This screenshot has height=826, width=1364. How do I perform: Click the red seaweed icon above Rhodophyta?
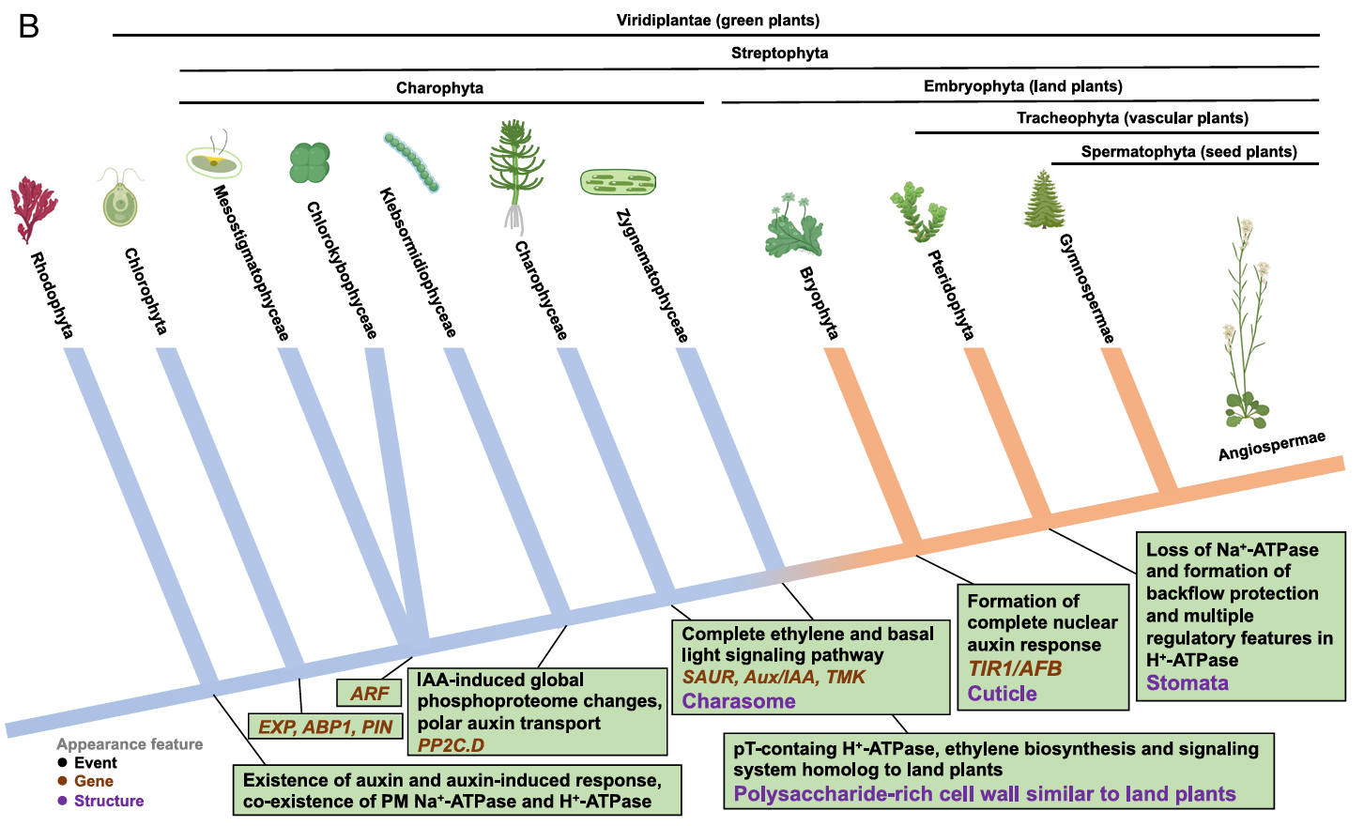point(34,208)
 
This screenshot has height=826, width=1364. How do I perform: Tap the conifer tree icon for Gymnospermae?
point(1044,199)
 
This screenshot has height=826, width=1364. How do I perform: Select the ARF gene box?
point(368,693)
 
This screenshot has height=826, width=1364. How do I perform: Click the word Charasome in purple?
point(738,700)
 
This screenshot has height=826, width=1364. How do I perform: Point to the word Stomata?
point(1187,683)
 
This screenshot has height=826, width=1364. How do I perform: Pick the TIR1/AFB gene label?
point(1015,668)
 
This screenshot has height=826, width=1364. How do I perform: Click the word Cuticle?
point(1002,694)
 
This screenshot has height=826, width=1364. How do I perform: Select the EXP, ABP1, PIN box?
point(325,727)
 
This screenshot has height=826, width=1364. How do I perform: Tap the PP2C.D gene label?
point(451,745)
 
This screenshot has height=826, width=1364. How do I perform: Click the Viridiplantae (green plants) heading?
point(718,20)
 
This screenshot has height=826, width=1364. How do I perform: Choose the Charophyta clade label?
point(439,87)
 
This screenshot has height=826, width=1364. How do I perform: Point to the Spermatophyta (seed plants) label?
point(1188,151)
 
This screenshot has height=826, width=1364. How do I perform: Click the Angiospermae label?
point(1271,446)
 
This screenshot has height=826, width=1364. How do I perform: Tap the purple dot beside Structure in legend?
point(62,801)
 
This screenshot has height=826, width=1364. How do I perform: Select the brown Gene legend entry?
point(85,781)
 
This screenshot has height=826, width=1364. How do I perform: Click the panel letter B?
point(28,27)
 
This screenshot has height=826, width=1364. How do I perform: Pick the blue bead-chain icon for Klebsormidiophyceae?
point(411,161)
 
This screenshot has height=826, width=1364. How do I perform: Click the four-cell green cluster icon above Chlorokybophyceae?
point(310,162)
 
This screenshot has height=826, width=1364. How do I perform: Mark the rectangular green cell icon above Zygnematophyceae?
point(618,182)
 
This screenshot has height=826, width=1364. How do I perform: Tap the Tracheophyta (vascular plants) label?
point(1133,117)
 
